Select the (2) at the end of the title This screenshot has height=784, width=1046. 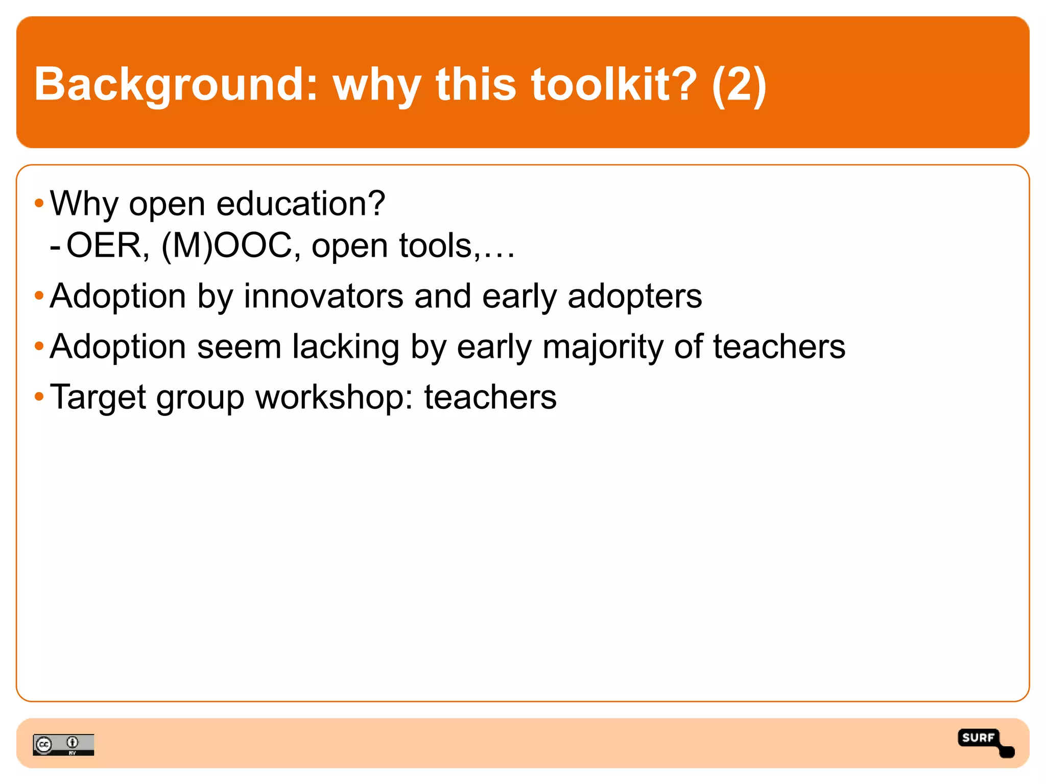739,84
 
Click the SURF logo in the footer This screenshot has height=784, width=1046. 984,742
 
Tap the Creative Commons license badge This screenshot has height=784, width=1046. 63,745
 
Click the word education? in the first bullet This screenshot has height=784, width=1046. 301,204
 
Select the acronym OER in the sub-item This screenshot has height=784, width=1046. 108,246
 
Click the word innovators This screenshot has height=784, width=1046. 323,296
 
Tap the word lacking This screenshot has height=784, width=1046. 346,347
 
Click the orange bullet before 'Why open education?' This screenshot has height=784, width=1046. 39,204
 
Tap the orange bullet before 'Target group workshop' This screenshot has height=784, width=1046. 39,397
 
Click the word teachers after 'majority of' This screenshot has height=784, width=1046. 779,347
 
